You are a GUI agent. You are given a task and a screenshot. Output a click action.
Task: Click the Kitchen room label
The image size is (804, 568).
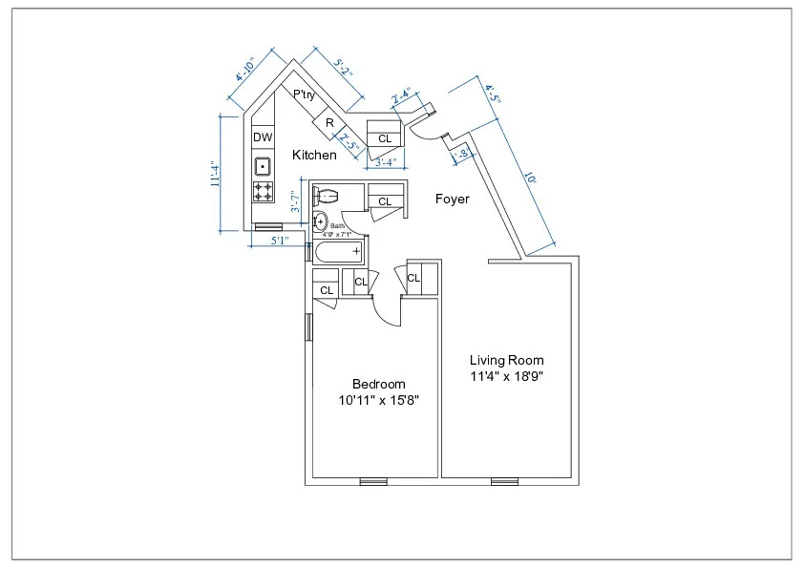(314, 155)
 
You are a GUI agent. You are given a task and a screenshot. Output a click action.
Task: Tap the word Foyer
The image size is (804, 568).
(452, 200)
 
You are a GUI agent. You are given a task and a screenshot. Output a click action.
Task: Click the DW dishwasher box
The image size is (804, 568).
(263, 138)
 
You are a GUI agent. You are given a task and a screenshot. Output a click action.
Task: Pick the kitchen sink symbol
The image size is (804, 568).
(263, 168)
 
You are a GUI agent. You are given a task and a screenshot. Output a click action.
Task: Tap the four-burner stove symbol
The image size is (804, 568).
(263, 191)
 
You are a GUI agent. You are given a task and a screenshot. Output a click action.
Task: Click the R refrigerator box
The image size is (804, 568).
(328, 123)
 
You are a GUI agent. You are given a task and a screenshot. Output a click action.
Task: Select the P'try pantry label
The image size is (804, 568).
(305, 95)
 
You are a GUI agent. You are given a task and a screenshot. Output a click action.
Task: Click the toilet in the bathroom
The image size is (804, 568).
(326, 196)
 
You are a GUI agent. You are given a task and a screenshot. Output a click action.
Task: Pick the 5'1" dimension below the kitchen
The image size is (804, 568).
(279, 242)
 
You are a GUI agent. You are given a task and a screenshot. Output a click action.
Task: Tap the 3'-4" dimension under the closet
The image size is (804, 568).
(386, 163)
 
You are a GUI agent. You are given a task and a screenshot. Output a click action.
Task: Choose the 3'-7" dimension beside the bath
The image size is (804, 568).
(296, 202)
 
